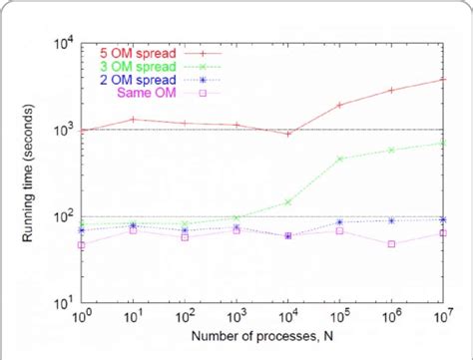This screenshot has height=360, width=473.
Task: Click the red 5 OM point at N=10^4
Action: tap(288, 134)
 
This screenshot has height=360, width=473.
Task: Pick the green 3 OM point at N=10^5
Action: tap(340, 159)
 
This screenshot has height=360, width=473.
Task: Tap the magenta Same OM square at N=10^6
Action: tap(391, 243)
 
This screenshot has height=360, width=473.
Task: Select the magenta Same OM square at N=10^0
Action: tap(82, 244)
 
